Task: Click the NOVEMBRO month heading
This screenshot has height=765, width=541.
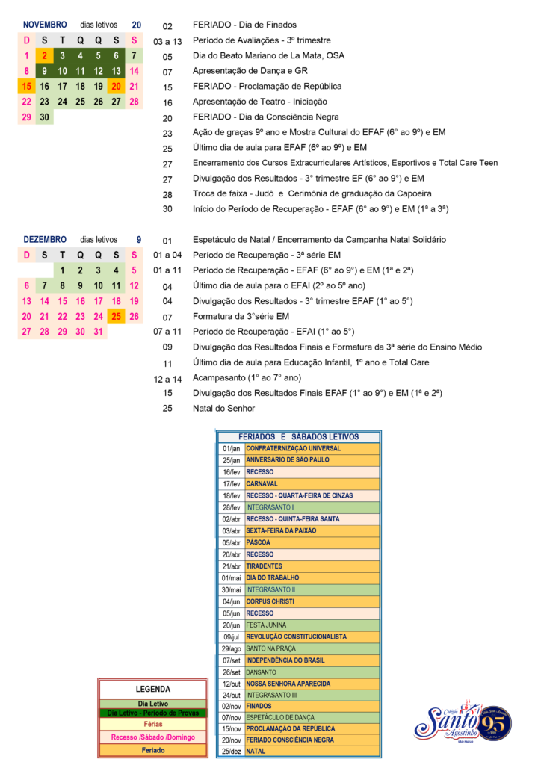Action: [x=44, y=25]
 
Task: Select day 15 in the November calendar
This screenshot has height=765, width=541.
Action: [x=26, y=86]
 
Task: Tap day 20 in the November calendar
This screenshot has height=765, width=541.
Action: [x=116, y=86]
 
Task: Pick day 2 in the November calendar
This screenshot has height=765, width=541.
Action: [x=44, y=55]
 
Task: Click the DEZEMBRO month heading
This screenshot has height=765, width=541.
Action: [x=45, y=239]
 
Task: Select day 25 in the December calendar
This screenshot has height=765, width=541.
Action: [x=116, y=316]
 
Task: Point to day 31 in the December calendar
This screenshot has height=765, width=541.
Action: [x=98, y=332]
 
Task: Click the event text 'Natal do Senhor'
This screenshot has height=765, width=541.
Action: [x=223, y=409]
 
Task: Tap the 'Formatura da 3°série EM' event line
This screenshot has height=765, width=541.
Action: [x=241, y=316]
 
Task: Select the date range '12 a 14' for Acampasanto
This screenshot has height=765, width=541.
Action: [x=167, y=378]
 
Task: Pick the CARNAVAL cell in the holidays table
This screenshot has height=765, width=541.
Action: [x=261, y=483]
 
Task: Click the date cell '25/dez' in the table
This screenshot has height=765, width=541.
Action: [x=231, y=751]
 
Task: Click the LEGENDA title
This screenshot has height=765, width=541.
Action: [x=152, y=689]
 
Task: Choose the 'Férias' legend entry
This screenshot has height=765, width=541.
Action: [x=152, y=724]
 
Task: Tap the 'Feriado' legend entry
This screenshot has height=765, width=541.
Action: [x=152, y=749]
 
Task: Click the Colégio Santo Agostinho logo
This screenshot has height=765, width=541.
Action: [x=463, y=722]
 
